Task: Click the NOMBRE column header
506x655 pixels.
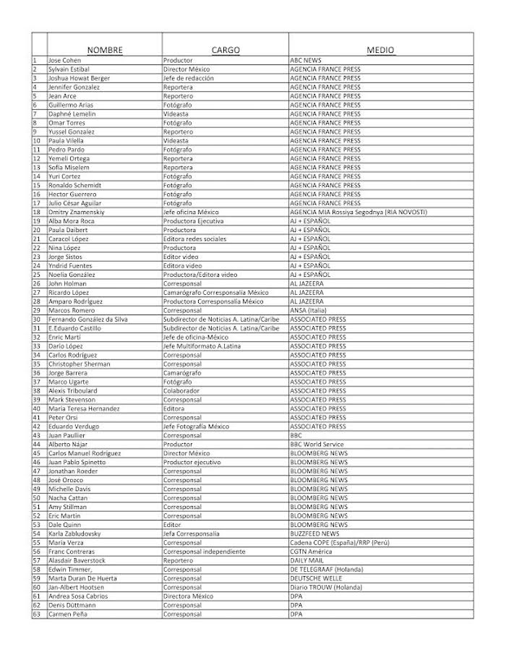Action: coord(104,50)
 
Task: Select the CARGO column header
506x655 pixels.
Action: coord(225,50)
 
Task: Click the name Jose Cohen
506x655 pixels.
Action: coord(64,60)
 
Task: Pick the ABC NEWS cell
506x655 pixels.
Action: coord(306,60)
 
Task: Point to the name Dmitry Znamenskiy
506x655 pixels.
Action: coord(75,212)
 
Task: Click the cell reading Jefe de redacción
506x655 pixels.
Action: coord(188,78)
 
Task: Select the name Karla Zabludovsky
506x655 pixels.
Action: coord(74,533)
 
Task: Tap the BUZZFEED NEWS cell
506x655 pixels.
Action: coord(315,533)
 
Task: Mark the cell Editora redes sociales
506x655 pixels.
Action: coord(194,239)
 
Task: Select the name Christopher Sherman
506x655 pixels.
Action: coord(79,364)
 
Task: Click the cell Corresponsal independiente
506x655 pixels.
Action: coord(204,551)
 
